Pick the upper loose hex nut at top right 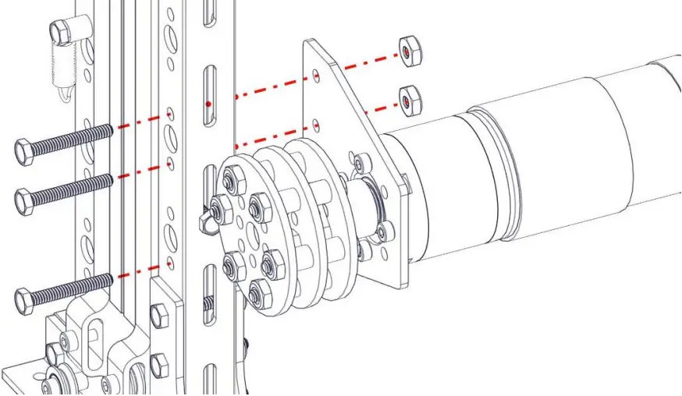coord(407,50)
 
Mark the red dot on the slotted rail coord(208,104)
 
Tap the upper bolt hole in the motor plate coord(315,76)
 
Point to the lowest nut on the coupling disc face coord(258,293)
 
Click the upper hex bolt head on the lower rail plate coord(160,316)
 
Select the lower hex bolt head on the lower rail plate coord(159,363)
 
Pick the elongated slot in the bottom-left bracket coord(93,343)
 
